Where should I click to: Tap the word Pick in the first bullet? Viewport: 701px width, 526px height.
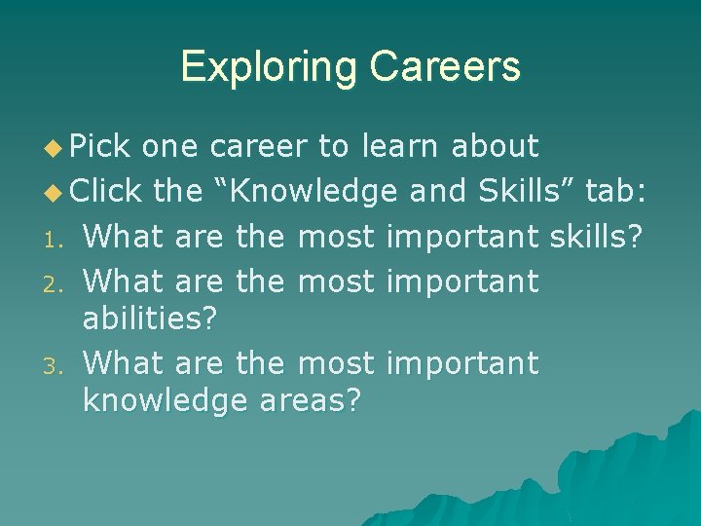[x=101, y=146]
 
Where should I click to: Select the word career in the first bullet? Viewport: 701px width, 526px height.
[x=259, y=146]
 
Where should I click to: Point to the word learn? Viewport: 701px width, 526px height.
[x=400, y=146]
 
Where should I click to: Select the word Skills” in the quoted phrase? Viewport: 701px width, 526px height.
[x=526, y=192]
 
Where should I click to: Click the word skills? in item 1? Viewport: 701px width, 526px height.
[x=595, y=237]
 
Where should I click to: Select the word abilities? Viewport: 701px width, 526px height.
[x=150, y=319]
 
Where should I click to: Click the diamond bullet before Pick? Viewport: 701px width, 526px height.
[x=55, y=148]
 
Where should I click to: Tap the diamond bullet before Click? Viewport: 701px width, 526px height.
[x=55, y=194]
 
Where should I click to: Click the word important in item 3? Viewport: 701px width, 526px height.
[x=462, y=363]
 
